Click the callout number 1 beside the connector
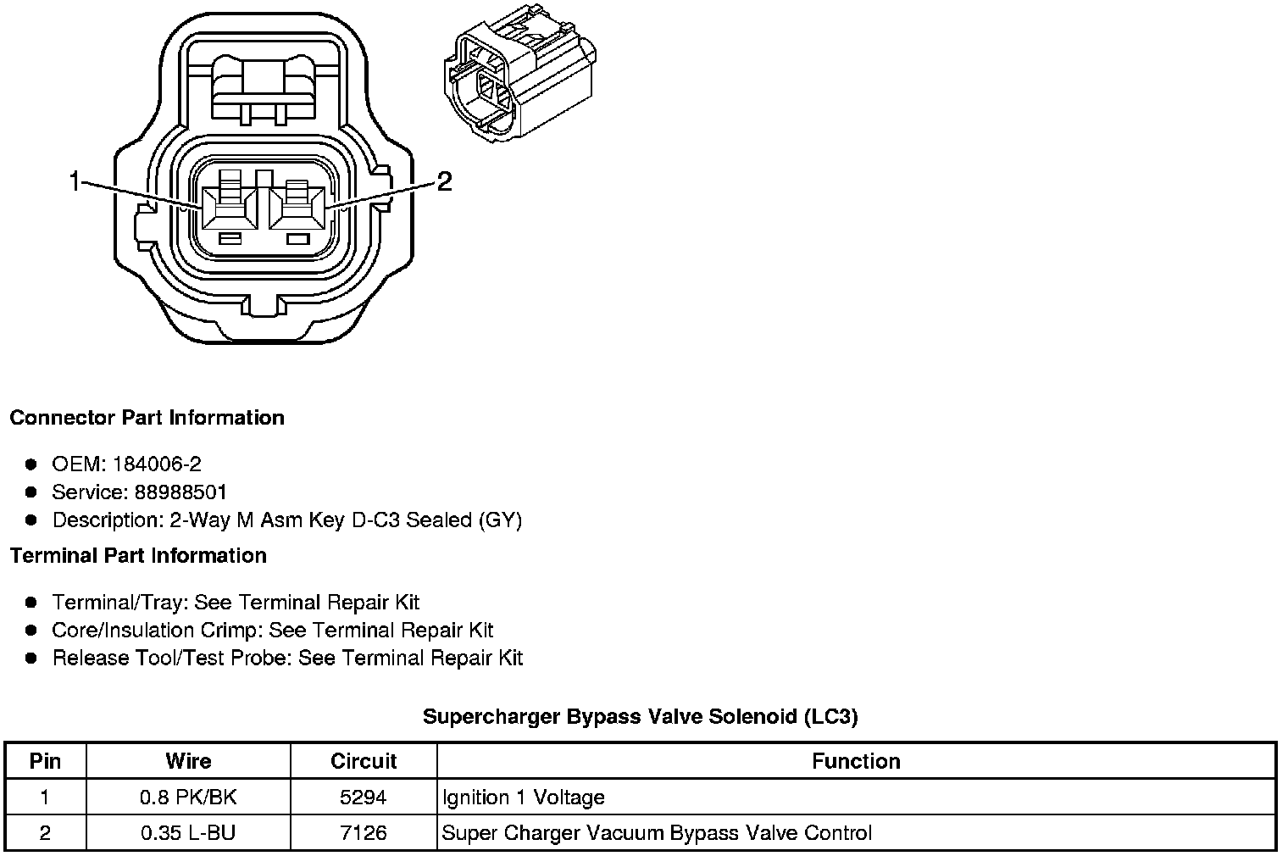pos(75,181)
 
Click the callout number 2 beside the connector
pos(444,181)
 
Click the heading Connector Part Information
pos(147,418)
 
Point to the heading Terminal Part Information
pos(138,556)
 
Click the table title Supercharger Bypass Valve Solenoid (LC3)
pos(640,717)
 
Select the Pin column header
pos(45,761)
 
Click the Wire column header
pos(188,761)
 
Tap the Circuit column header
pos(364,761)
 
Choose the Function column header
pos(856,761)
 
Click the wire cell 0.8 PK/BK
pos(188,798)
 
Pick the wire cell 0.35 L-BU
pos(188,833)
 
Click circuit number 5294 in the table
pos(364,798)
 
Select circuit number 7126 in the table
pos(364,833)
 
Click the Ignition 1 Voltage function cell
pos(524,798)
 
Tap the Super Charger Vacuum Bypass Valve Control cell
pos(657,833)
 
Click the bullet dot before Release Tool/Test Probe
pos(31,658)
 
